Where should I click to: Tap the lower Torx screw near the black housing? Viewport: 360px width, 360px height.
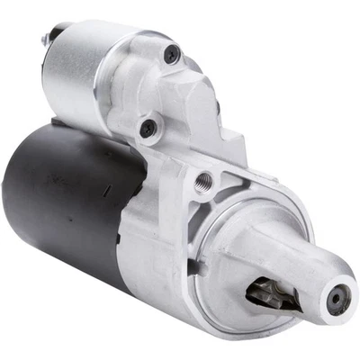pyautogui.click(x=147, y=129)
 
